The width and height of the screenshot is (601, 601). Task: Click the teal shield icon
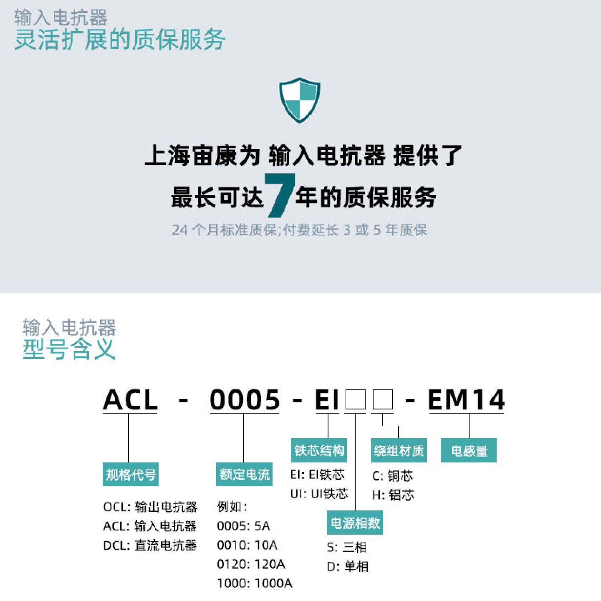click(x=299, y=100)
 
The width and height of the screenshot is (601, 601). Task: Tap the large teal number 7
click(x=280, y=195)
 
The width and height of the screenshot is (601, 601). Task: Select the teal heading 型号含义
click(x=69, y=349)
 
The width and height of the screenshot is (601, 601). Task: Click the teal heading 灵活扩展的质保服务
click(x=120, y=39)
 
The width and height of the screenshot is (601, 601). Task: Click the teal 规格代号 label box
click(x=131, y=475)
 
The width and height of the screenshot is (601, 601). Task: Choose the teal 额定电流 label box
click(x=245, y=475)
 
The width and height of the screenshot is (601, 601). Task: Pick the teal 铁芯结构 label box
click(x=319, y=450)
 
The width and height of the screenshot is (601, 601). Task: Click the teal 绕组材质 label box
click(x=399, y=450)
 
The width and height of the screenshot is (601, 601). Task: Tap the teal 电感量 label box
click(x=469, y=450)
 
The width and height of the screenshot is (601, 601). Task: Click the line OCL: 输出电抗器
click(x=150, y=507)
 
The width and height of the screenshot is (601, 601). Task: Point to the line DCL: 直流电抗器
click(x=150, y=545)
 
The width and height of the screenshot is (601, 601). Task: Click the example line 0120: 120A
click(x=251, y=564)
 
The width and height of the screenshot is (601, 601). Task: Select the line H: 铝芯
click(x=393, y=495)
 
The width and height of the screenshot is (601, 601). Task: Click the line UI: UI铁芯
click(x=319, y=494)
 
